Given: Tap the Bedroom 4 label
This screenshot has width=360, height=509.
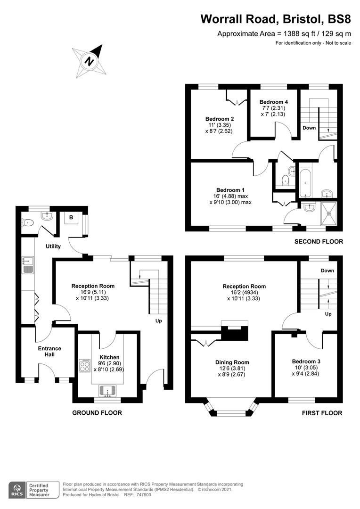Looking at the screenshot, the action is tap(274, 102).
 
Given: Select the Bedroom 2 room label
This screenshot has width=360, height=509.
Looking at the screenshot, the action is tap(220, 119).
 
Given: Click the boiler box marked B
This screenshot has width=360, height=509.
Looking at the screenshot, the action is tap(71, 218).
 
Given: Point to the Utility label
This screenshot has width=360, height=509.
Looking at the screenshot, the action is tap(53, 246).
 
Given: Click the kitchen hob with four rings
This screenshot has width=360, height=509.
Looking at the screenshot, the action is tap(85, 366).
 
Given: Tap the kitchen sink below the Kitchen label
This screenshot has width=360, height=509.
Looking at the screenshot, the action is tap(107, 391).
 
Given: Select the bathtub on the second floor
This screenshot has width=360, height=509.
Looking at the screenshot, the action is tap(305, 183).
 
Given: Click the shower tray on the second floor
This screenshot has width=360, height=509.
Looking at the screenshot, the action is tap(329, 213).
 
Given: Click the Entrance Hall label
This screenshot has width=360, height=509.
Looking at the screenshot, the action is tap(49, 352).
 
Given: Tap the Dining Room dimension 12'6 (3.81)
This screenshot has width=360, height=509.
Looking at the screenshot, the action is tap(232, 369).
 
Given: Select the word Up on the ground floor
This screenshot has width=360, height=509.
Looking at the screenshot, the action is tap(158, 321).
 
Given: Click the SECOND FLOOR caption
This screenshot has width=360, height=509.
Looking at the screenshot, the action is tap(319, 241).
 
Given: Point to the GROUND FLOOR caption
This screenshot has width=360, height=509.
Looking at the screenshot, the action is tap(97, 412).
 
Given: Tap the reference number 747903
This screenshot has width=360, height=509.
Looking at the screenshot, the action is tap(143, 495).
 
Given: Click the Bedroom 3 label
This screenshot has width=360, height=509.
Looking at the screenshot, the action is tap(306, 361).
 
